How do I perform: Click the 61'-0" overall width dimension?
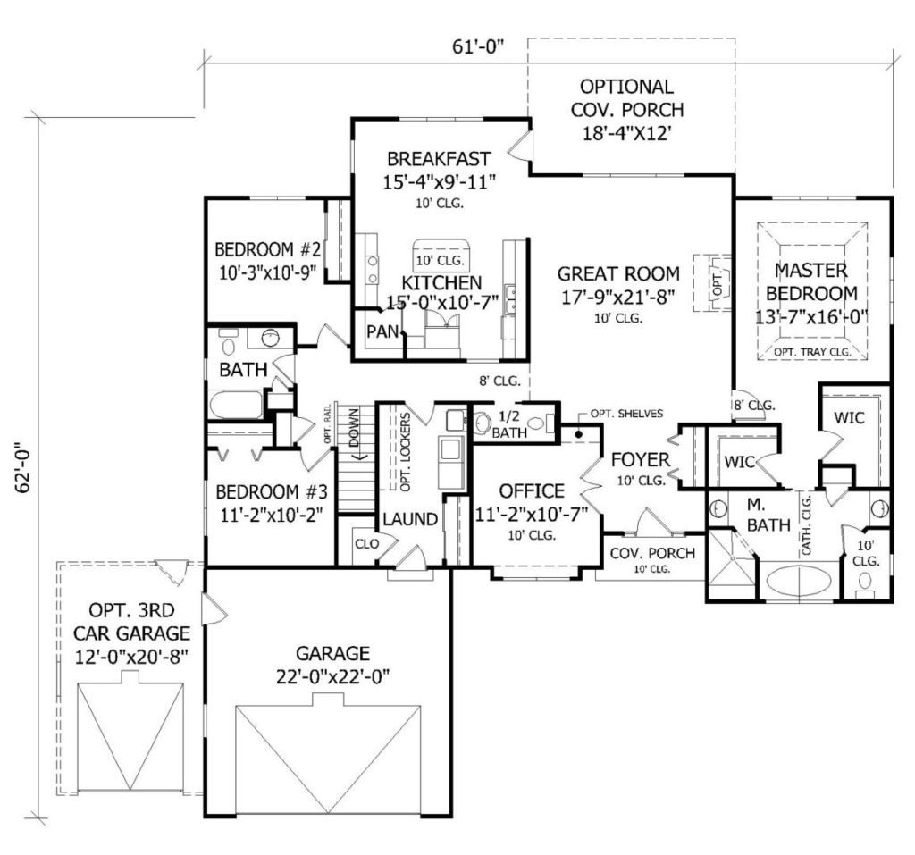click(x=477, y=46)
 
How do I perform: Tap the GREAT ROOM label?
click(x=618, y=273)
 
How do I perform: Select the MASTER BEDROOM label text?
click(x=811, y=282)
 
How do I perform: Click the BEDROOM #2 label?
click(x=268, y=250)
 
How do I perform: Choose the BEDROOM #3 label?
click(x=272, y=492)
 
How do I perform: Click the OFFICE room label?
click(x=532, y=490)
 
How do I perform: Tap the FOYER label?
click(x=640, y=460)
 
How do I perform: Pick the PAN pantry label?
click(x=382, y=331)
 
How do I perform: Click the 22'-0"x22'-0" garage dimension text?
click(x=332, y=677)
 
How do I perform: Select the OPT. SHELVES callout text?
click(x=626, y=413)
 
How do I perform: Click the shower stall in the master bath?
click(x=731, y=564)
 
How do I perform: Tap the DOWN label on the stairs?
click(x=354, y=427)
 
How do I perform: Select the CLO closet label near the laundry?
click(x=367, y=544)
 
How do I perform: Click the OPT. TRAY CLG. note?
click(x=812, y=352)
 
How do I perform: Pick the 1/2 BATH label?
click(x=508, y=424)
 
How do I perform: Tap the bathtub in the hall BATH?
click(x=236, y=405)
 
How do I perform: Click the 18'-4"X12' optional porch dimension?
click(x=625, y=134)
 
